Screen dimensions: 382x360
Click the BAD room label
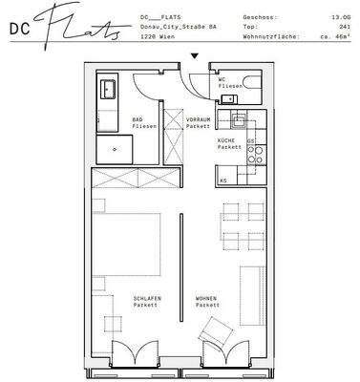138,118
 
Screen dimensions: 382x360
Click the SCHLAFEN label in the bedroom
147,299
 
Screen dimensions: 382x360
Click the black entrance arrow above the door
195,56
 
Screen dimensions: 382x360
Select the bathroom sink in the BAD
107,93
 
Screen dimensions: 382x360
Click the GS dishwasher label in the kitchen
251,142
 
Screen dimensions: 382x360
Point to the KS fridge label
223,180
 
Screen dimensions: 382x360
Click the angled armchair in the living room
217,334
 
